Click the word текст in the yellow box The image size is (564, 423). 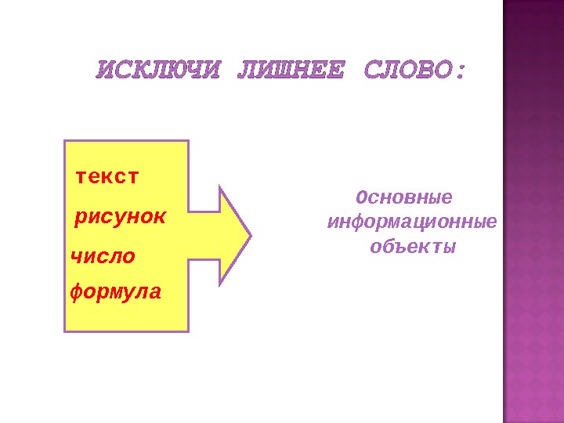click(x=107, y=177)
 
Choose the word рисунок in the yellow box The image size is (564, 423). click(x=119, y=217)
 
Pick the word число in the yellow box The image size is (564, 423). click(x=103, y=257)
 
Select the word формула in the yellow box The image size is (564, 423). click(x=116, y=293)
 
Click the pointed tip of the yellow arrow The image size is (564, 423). click(x=250, y=234)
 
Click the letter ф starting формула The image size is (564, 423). click(x=76, y=294)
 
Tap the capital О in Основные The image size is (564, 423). click(x=360, y=196)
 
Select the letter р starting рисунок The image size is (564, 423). click(x=79, y=218)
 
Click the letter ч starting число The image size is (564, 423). click(x=76, y=257)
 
